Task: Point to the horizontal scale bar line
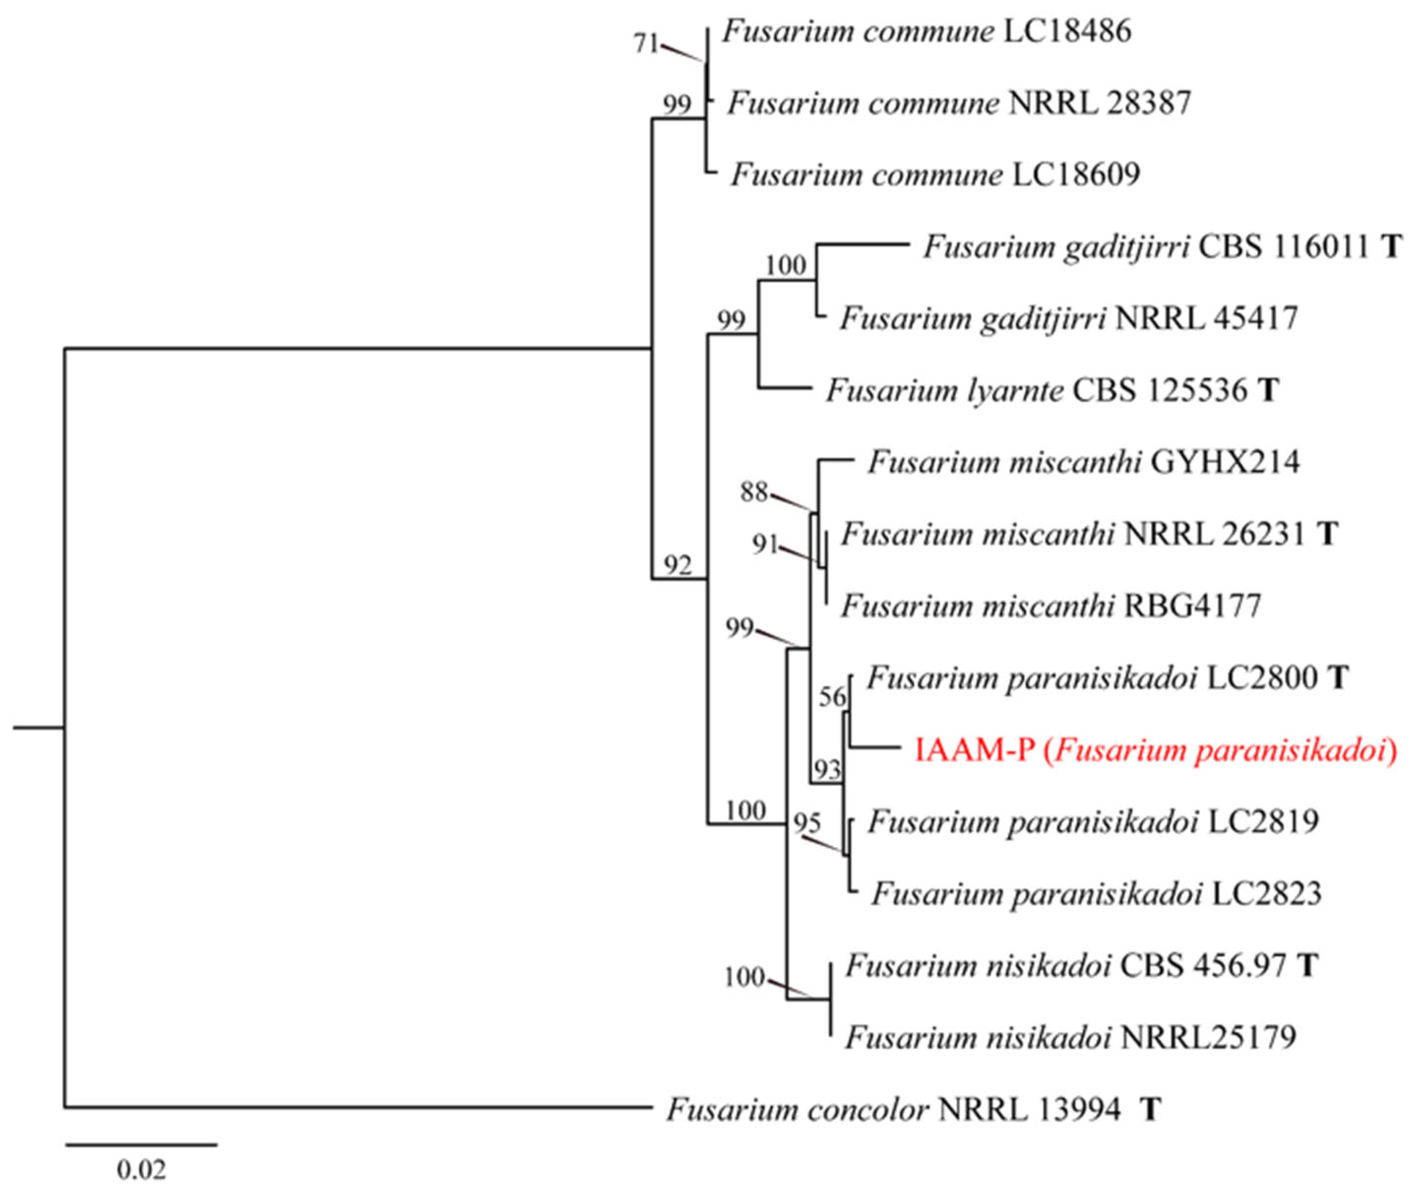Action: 141,1144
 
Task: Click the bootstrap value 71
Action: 645,44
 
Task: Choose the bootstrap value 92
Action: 677,564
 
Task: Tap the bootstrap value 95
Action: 807,823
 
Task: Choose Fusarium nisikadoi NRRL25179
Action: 1070,1037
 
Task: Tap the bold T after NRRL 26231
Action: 1327,534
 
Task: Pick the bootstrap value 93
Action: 827,769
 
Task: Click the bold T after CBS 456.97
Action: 1308,966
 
